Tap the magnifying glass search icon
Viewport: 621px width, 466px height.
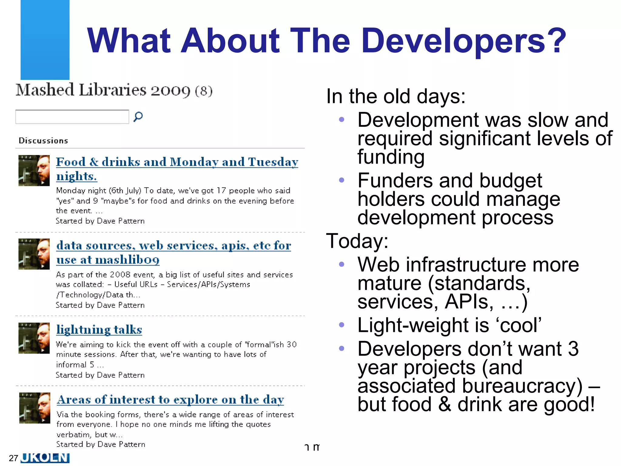(138, 116)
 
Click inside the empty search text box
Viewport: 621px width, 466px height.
(72, 117)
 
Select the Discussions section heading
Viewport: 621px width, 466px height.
(43, 141)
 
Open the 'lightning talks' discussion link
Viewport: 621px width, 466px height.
(99, 330)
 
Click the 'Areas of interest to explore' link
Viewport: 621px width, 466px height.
(170, 400)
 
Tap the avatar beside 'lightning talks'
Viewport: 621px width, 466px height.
(34, 338)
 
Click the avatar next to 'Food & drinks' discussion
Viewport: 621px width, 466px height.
(34, 171)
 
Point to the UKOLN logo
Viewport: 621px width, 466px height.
(45, 458)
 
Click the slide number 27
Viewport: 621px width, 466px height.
(13, 458)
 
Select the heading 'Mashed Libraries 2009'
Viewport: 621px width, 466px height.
(103, 90)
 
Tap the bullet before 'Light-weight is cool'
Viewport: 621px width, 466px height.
(341, 325)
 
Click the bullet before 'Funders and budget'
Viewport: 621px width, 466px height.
(341, 180)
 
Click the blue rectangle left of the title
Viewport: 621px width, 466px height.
(45, 39)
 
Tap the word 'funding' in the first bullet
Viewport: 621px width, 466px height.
(391, 157)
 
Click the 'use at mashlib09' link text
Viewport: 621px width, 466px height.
(108, 260)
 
